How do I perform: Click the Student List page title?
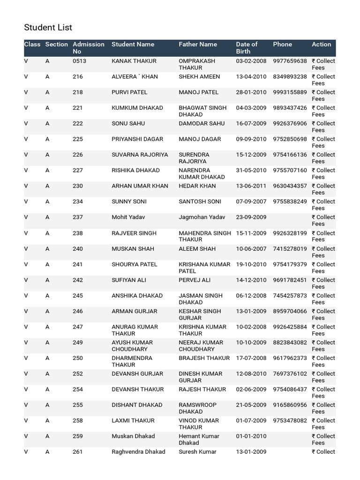48,28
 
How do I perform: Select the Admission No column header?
88,47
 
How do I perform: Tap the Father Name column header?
198,44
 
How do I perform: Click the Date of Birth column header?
247,47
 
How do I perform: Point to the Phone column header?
282,44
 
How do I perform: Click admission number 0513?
79,61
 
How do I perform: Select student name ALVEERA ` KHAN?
135,76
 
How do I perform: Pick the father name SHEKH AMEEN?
199,76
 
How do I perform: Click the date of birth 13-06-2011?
251,186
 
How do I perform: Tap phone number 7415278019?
290,249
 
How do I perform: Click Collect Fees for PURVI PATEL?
323,95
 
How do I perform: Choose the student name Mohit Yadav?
128,217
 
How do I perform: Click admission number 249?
78,343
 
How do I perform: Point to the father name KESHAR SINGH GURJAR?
200,315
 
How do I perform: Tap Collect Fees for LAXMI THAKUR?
323,424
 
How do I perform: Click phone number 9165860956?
290,405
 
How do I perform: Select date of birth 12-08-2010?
251,374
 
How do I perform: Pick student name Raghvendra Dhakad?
138,452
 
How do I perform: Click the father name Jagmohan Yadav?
202,217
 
